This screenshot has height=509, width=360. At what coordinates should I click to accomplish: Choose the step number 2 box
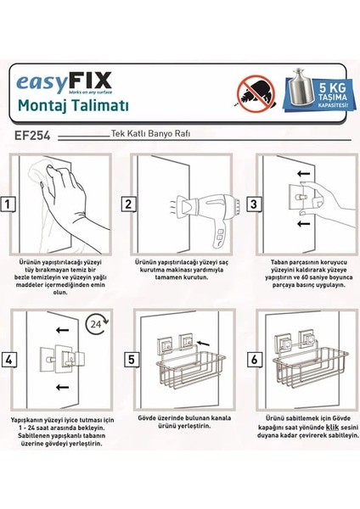coord(127,204)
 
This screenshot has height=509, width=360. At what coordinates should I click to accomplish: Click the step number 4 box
coord(9,360)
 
